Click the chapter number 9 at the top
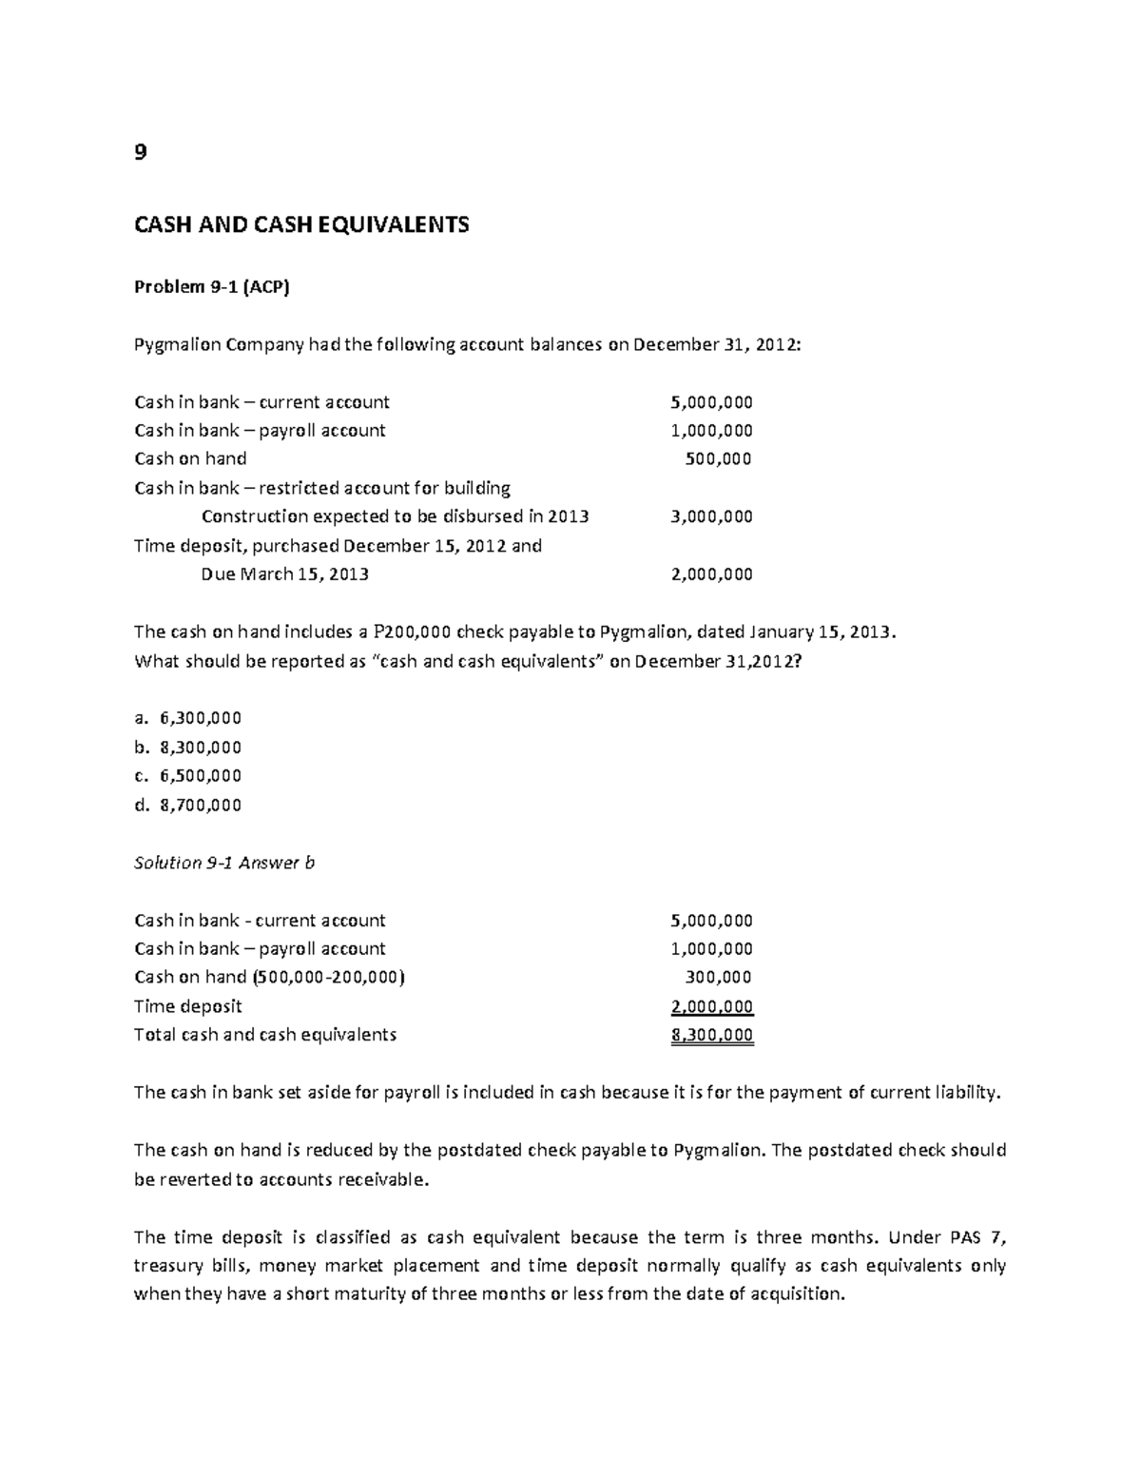[x=141, y=154]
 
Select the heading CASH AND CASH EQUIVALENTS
[x=301, y=224]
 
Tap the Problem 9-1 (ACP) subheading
[x=210, y=286]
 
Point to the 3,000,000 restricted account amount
[x=711, y=516]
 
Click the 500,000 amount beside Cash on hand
[x=718, y=458]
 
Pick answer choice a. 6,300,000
[x=188, y=718]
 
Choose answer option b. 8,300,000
[x=188, y=747]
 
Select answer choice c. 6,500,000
[x=188, y=775]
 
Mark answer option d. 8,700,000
[x=188, y=805]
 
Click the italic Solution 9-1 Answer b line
[x=224, y=863]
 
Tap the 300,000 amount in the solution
[x=718, y=977]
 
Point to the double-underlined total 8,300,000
[x=711, y=1035]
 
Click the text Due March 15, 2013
[x=285, y=573]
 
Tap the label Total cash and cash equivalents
[x=265, y=1035]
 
